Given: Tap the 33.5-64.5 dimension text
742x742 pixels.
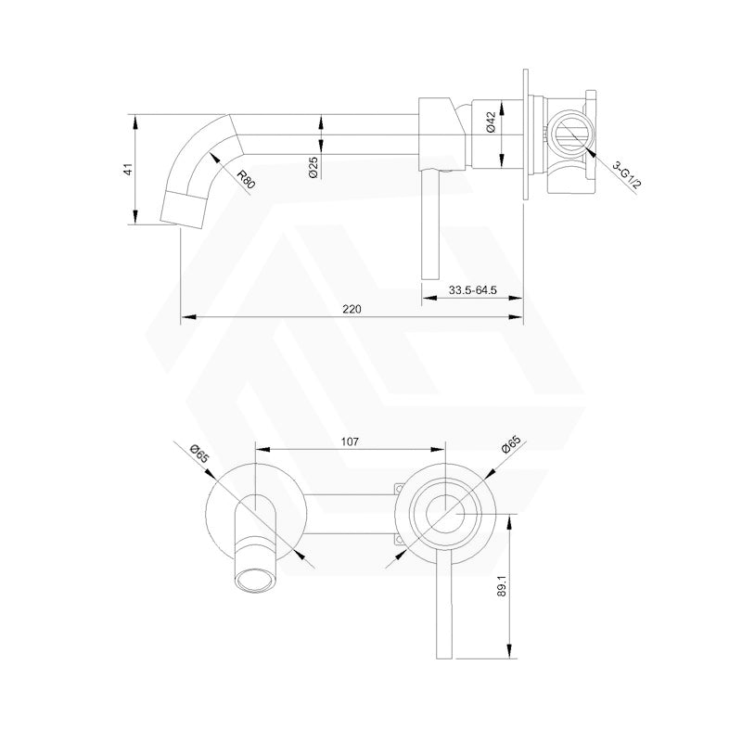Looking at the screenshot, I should [473, 290].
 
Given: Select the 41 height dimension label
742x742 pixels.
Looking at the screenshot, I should [129, 169].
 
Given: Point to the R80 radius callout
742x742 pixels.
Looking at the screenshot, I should [245, 179].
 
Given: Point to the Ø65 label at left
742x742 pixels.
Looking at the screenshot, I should [198, 453].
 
